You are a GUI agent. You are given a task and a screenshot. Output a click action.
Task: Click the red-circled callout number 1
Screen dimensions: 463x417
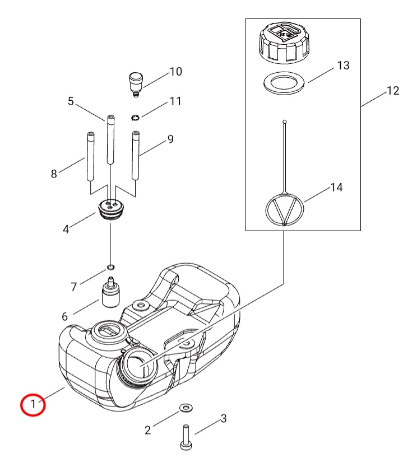pyautogui.click(x=33, y=404)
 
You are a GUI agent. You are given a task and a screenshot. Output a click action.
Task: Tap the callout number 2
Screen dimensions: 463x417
pyautogui.click(x=148, y=429)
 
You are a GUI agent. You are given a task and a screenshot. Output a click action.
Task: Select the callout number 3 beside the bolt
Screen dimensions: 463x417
pyautogui.click(x=223, y=418)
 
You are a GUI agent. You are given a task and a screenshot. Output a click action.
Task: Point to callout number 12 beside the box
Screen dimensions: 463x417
pyautogui.click(x=393, y=91)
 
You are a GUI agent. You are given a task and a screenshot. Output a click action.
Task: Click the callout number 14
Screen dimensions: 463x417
pyautogui.click(x=336, y=187)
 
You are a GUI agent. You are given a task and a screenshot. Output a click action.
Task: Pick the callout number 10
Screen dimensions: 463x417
pyautogui.click(x=175, y=72)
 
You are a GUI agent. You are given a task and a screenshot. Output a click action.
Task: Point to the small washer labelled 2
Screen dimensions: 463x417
pyautogui.click(x=185, y=407)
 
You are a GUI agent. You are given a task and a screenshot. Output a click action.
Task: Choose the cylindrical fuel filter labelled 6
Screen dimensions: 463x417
pyautogui.click(x=110, y=292)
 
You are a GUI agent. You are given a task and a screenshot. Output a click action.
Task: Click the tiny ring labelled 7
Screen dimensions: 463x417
pyautogui.click(x=110, y=266)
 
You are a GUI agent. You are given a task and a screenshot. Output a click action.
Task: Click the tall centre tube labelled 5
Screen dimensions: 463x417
pyautogui.click(x=110, y=140)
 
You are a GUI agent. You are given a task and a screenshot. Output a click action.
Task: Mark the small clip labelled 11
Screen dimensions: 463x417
pyautogui.click(x=135, y=117)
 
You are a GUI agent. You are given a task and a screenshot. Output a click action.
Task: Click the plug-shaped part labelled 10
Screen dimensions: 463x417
pyautogui.click(x=135, y=82)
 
